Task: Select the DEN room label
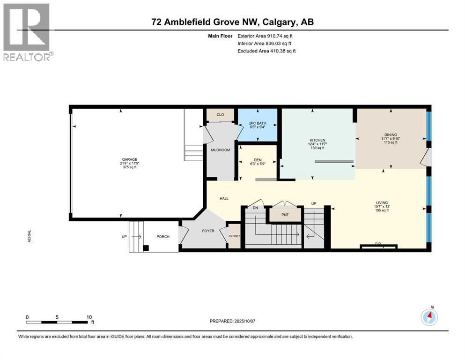click(257, 159)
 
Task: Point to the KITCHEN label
click(317, 140)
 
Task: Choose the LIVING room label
click(381, 202)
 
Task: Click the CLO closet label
click(220, 114)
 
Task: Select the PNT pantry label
click(285, 215)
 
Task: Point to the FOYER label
click(208, 231)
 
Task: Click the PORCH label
click(162, 236)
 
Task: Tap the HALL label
click(224, 199)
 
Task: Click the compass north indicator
click(429, 317)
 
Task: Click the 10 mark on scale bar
click(89, 317)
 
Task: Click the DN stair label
click(255, 207)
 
